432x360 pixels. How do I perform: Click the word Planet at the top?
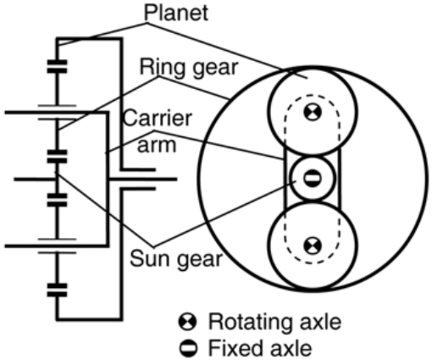pos(176,13)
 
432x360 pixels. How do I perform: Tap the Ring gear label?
pos(189,68)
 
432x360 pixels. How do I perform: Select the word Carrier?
pos(158,119)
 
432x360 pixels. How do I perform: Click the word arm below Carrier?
pos(157,145)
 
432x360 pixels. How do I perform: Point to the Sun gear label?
pos(176,259)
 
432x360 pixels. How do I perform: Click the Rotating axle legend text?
pos(274,322)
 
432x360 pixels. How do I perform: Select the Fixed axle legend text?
pos(260,348)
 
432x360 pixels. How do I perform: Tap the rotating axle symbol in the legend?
pos(187,322)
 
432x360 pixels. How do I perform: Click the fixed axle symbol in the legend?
pos(188,348)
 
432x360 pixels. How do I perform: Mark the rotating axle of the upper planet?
pos(313,113)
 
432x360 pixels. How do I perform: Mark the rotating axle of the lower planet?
pos(313,246)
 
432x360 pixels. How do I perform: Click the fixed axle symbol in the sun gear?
pos(313,179)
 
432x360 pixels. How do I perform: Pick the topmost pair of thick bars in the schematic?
pos(57,67)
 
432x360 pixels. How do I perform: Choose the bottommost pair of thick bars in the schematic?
pos(57,291)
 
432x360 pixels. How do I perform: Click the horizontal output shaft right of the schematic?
pos(142,179)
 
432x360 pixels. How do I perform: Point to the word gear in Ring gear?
pos(216,69)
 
